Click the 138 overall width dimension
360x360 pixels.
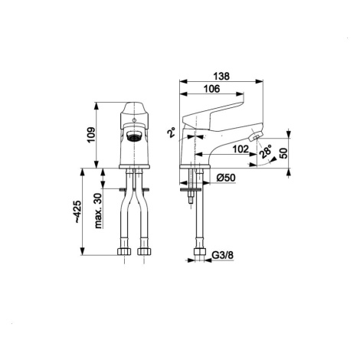(x=221, y=76)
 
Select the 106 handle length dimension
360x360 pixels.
(x=212, y=89)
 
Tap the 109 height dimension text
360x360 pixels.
(x=91, y=135)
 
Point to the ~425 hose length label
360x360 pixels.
(x=78, y=212)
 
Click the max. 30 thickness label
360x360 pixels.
(x=98, y=211)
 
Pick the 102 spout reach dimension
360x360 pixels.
(x=241, y=149)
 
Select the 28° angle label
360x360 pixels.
(x=265, y=152)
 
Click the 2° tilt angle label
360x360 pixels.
(x=172, y=133)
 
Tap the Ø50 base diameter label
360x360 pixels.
(x=226, y=178)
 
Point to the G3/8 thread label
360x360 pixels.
(x=223, y=255)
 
